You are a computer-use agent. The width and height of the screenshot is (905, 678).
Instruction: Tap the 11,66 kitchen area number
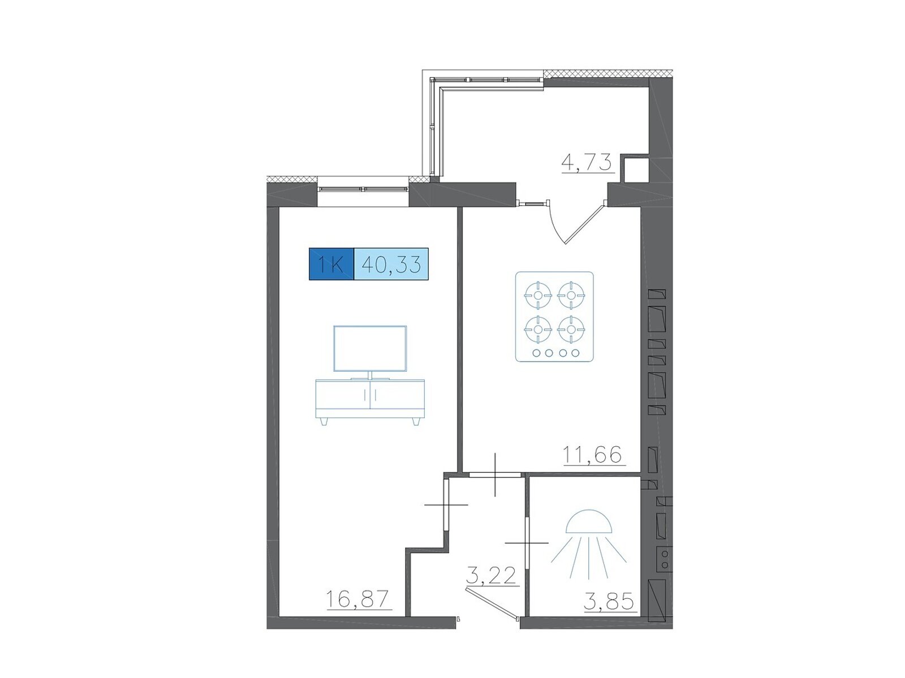(x=592, y=455)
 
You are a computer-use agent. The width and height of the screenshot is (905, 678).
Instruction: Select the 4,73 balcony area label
(x=586, y=163)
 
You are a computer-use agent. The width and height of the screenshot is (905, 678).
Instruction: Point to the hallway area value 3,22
(x=491, y=575)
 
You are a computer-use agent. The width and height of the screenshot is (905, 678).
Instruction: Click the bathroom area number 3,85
(x=608, y=602)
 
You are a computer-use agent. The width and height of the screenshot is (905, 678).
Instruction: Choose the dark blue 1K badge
(x=331, y=264)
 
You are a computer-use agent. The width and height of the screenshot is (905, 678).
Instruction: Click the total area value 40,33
(x=391, y=264)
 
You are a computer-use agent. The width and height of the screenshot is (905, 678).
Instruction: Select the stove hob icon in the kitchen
(x=554, y=316)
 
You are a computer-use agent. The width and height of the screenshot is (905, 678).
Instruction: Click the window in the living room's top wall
(x=363, y=189)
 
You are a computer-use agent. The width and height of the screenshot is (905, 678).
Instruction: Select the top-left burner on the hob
(x=538, y=295)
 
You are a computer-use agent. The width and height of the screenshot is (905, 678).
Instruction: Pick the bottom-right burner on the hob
(x=571, y=329)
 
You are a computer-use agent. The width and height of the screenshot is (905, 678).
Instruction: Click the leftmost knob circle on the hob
(x=536, y=353)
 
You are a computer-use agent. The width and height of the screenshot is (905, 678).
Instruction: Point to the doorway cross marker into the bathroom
(x=527, y=543)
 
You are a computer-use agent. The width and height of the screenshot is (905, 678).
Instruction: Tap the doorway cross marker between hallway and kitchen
(x=495, y=474)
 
